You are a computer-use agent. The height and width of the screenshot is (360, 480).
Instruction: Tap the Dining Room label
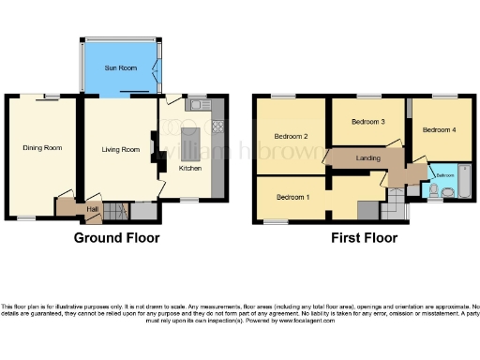pos(42,148)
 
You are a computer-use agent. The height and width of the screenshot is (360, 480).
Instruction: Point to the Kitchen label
pos(190,168)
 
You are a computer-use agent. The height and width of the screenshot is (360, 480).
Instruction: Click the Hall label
pos(93,208)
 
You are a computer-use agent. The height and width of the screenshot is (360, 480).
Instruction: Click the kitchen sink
pos(197,106)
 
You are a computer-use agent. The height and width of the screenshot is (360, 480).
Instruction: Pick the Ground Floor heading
pos(116,238)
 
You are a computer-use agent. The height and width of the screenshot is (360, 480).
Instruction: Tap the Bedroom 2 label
pos(292,136)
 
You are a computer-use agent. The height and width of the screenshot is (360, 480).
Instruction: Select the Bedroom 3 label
pos(368,123)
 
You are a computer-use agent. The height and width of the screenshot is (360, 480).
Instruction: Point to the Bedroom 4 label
pos(439,130)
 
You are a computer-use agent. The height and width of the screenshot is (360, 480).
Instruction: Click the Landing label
pos(367,158)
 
